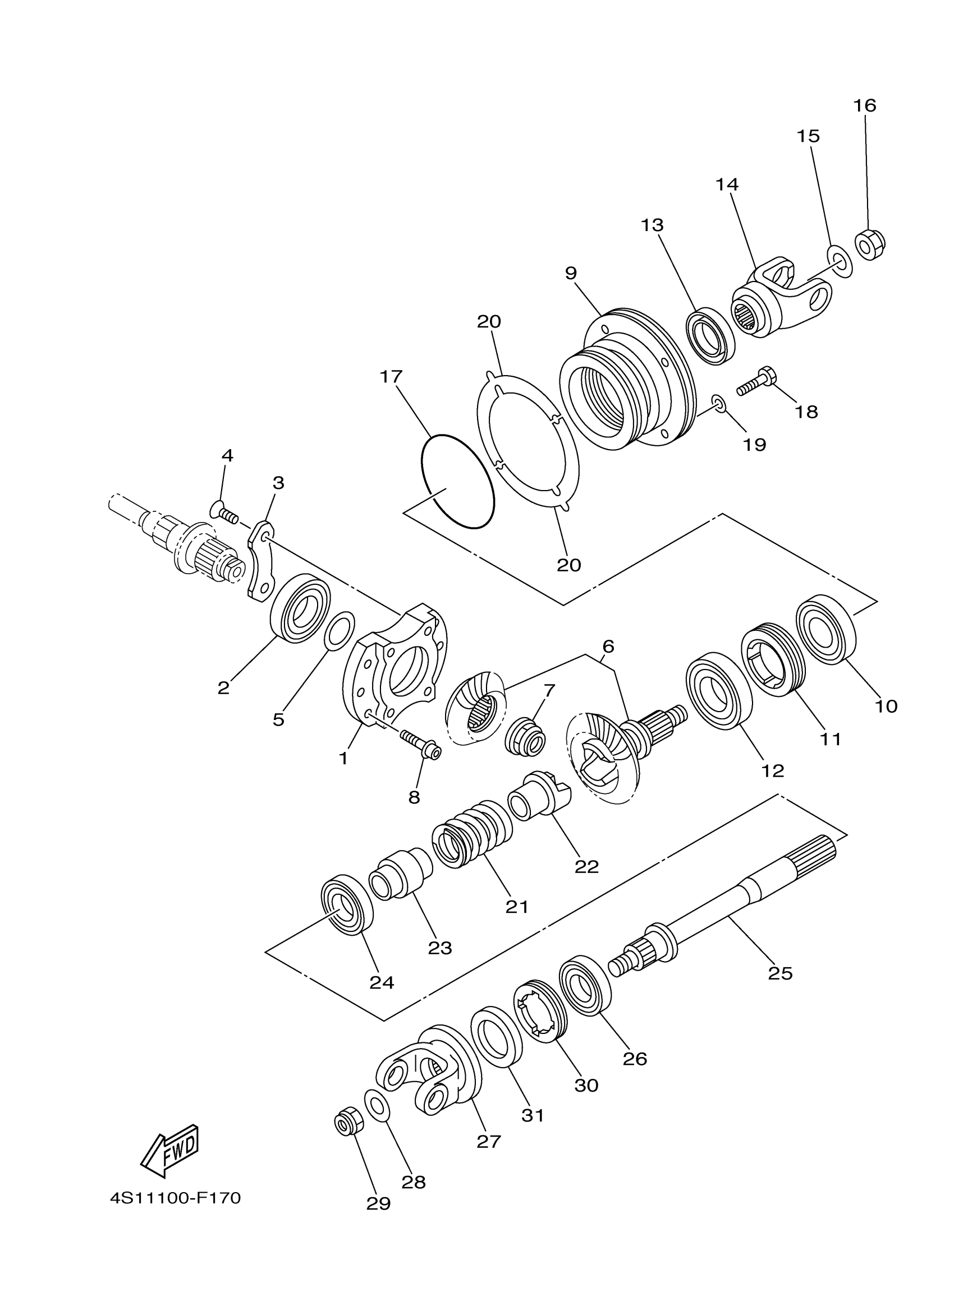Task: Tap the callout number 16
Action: [865, 105]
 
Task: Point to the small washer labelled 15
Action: [838, 261]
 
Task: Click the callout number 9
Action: [571, 273]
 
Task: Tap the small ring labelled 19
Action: [719, 404]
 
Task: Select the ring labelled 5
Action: [339, 631]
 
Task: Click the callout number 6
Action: [608, 646]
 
